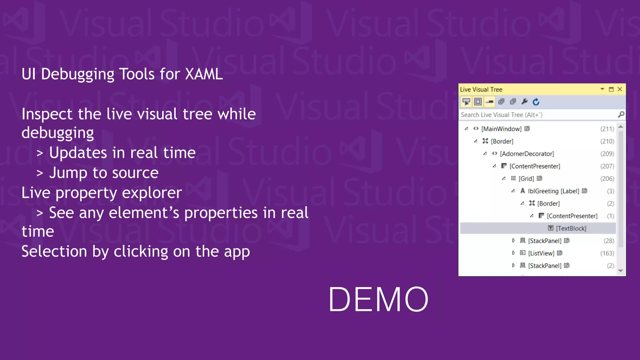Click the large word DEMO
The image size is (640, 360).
pyautogui.click(x=378, y=299)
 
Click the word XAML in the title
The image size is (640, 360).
pyautogui.click(x=204, y=74)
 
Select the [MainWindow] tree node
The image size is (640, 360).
pyautogui.click(x=501, y=129)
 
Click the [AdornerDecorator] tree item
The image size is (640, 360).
pyautogui.click(x=527, y=154)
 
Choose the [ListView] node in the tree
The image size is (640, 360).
pyautogui.click(x=541, y=253)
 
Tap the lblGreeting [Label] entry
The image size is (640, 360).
pyautogui.click(x=553, y=191)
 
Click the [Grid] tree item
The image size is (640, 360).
pyautogui.click(x=526, y=178)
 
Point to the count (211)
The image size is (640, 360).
pyautogui.click(x=607, y=129)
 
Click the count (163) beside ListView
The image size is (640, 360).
pyautogui.click(x=607, y=253)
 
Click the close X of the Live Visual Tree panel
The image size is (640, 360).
pyautogui.click(x=620, y=89)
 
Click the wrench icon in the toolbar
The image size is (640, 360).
pyautogui.click(x=525, y=102)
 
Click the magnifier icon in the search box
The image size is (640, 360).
pyautogui.click(x=621, y=115)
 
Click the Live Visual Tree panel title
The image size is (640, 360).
pyautogui.click(x=481, y=89)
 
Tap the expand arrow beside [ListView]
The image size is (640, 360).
pyautogui.click(x=513, y=253)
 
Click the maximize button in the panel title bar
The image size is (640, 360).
pyautogui.click(x=611, y=89)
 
